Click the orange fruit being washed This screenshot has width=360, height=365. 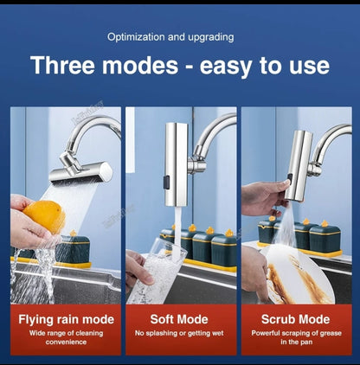pos(44,215)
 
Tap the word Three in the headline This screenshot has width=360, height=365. pos(62,66)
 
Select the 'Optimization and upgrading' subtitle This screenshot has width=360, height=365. pos(170,37)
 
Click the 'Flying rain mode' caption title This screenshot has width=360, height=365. pos(66,319)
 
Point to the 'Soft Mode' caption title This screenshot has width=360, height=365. pos(179,319)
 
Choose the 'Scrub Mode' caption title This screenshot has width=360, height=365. pos(296,319)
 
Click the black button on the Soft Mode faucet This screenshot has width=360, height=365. pos(166,182)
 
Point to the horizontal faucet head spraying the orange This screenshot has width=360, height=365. pos(80,172)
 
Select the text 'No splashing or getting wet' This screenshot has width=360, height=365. pos(179,333)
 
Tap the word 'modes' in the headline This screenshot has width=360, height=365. pos(140,66)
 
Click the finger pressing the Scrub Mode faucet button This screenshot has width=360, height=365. pos(284,183)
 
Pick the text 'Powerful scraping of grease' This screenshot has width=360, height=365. pos(296,333)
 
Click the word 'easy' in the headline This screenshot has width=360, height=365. pos(226,67)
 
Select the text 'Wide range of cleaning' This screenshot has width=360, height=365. pos(66,333)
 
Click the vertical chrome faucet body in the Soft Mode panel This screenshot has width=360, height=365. pos(176,164)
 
